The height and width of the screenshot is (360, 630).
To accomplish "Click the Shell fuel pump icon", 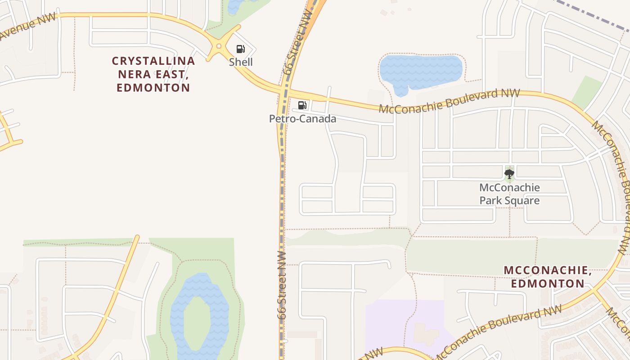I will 241,49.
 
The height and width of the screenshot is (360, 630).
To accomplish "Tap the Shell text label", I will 241,62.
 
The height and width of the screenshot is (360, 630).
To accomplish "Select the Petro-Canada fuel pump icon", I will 302,105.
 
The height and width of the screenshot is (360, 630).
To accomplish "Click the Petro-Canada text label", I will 302,119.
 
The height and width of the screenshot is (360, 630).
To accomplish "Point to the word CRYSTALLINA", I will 153,61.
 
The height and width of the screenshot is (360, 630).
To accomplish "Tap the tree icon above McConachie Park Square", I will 509,173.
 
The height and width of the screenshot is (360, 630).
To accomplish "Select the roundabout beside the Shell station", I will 219,46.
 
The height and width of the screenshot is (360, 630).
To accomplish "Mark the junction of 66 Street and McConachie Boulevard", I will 284,90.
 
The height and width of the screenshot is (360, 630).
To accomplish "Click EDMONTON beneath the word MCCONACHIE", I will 548,283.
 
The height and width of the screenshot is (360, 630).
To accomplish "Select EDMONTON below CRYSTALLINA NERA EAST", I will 153,88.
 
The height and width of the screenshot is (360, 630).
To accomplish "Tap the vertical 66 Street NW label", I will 282,286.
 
